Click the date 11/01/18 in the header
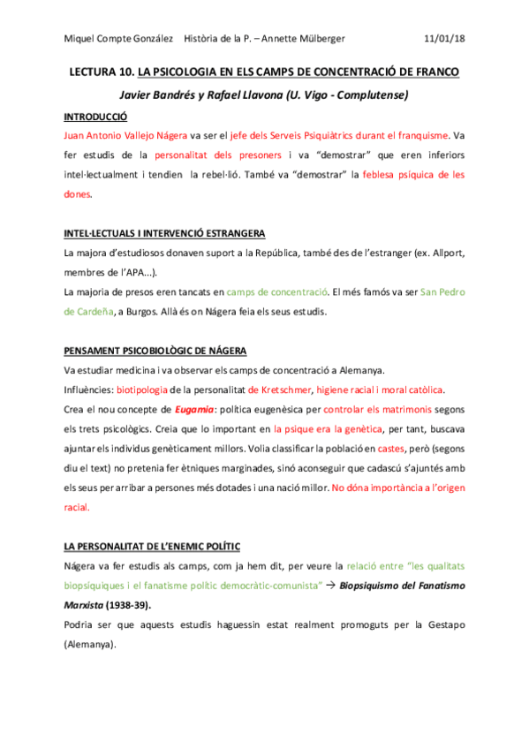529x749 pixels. [444, 39]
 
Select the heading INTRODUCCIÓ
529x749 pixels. [96, 117]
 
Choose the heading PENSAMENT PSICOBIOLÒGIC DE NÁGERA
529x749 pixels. [155, 351]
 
